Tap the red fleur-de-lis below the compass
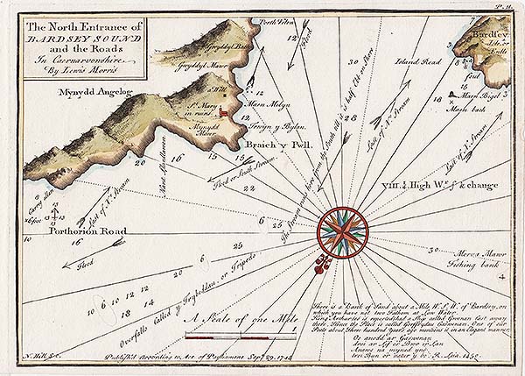pos(321,261)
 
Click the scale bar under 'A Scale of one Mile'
pos(236,336)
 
